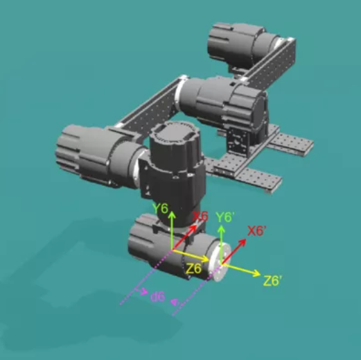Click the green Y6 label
point(161,209)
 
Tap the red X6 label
point(200,216)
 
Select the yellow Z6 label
point(193,268)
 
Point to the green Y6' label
point(225,217)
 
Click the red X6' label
point(257,230)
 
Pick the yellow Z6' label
point(272,280)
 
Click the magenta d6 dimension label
point(158,297)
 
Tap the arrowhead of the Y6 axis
point(172,214)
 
